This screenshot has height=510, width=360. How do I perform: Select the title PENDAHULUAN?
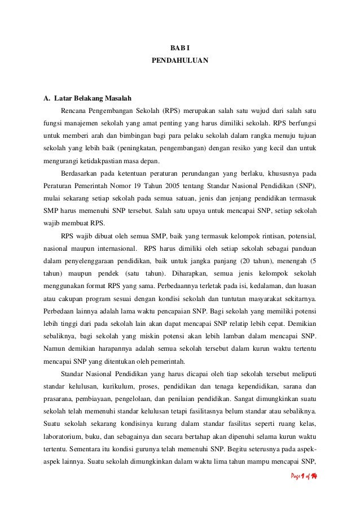[180, 59]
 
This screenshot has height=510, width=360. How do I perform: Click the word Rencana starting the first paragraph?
[75, 107]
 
